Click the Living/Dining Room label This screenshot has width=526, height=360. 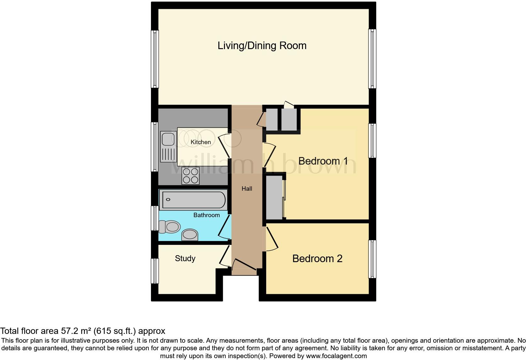pos(262,46)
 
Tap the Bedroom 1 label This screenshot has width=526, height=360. pos(323,161)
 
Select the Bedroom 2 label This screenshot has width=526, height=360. pos(317,259)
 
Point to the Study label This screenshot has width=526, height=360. pos(185,258)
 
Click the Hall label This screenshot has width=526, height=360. pos(247,189)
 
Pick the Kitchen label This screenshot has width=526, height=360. pos(201,142)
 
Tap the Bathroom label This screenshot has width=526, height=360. pos(206,215)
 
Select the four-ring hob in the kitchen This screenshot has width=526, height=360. pos(191,176)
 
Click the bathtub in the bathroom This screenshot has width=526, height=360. pos(193,200)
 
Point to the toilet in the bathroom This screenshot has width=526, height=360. pos(170,227)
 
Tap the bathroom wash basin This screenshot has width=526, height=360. pos(190,234)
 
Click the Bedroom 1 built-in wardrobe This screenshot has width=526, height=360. pos(274,198)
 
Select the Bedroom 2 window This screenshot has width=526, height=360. pos(372,259)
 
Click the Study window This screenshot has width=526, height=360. pos(155,271)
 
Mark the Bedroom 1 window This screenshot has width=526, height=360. pos(372,140)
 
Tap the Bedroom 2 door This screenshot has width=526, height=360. pos(271,239)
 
